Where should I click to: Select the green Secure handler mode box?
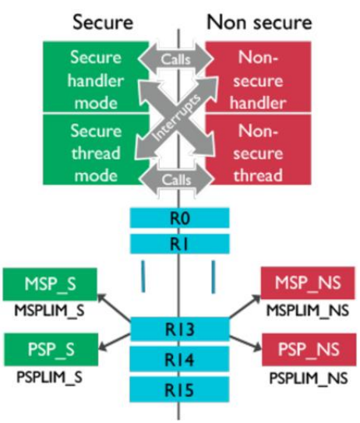[95, 77]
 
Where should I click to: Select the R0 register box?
[180, 220]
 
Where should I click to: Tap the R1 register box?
[180, 244]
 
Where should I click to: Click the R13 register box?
[180, 331]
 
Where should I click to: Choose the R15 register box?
[180, 387]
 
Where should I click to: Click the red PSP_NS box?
[307, 347]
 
